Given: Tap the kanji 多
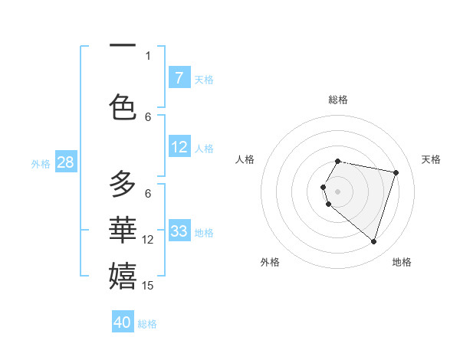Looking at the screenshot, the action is (123, 185).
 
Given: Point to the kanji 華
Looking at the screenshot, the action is (123, 230).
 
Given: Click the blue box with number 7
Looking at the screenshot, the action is (179, 78).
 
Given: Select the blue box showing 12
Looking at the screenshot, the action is (179, 147).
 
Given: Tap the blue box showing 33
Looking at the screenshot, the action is (179, 231).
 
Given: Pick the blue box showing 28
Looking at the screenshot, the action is (65, 162).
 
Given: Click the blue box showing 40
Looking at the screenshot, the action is (123, 322).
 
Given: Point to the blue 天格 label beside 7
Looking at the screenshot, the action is (204, 79).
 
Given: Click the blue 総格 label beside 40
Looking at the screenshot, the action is (147, 324).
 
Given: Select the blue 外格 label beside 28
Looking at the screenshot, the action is (41, 163).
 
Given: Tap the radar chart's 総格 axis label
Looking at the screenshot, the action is (337, 100).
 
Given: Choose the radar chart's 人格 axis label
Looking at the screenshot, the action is (245, 159).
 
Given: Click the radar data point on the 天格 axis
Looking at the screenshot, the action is (396, 172).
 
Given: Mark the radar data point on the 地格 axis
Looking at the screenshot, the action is (373, 241).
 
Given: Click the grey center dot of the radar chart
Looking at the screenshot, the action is (337, 191).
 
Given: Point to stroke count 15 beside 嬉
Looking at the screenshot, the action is (149, 286).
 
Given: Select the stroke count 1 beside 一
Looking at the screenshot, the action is (148, 55).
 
